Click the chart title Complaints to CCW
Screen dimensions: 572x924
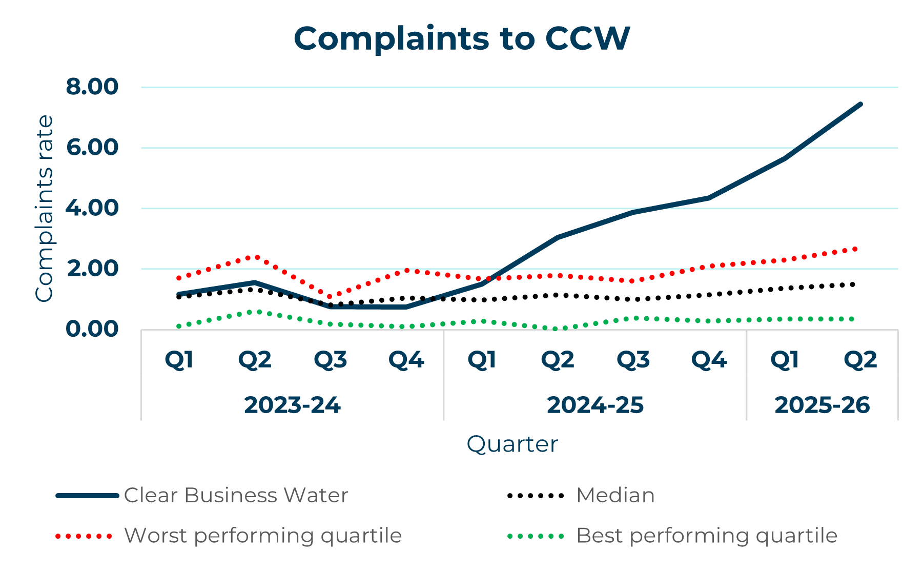click(x=462, y=38)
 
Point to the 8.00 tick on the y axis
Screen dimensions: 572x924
click(x=92, y=87)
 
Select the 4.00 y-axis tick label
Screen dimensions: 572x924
click(x=92, y=208)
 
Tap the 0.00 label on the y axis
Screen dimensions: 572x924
click(x=92, y=329)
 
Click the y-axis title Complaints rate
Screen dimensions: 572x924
click(x=44, y=208)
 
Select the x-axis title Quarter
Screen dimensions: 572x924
click(x=512, y=444)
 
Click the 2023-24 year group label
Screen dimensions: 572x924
click(x=292, y=405)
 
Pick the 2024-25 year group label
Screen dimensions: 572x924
click(x=595, y=405)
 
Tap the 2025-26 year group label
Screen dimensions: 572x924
click(x=822, y=405)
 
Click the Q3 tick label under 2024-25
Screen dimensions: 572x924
click(x=633, y=360)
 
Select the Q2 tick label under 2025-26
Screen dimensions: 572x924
click(x=860, y=360)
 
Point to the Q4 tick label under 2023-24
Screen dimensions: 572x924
click(x=406, y=360)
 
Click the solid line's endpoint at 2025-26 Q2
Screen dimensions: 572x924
click(x=860, y=104)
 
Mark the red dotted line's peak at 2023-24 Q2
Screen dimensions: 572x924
click(x=255, y=256)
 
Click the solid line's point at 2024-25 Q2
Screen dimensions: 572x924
click(x=558, y=237)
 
